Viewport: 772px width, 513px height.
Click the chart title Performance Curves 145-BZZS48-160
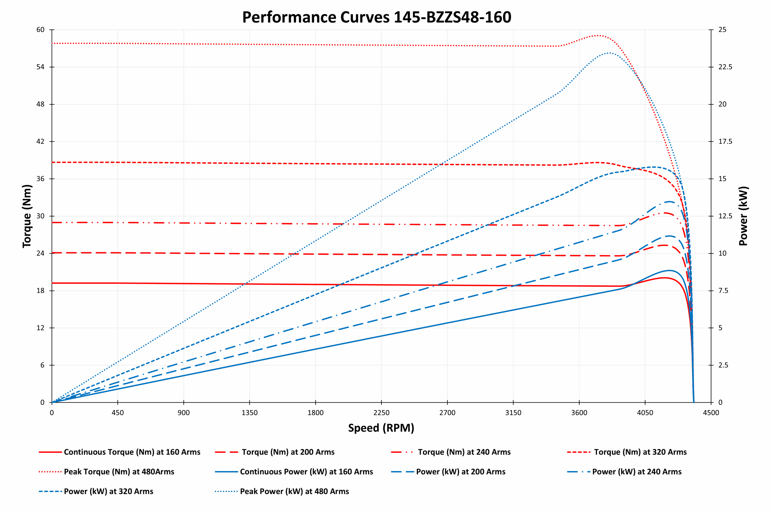(376, 17)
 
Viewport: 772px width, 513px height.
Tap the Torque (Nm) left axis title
(27, 216)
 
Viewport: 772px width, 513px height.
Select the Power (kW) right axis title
(744, 216)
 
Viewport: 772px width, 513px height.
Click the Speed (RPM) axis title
(381, 428)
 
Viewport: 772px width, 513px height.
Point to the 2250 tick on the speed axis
(381, 413)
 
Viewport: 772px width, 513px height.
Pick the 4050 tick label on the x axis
(645, 413)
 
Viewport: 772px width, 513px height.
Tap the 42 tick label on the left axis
(40, 142)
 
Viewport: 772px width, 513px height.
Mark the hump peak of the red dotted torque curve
(598, 35)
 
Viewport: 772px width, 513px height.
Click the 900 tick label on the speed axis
(184, 413)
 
